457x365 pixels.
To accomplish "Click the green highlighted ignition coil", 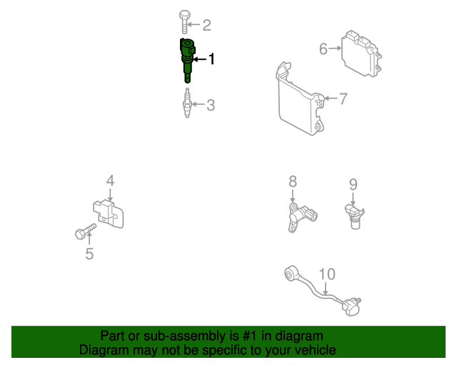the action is pyautogui.click(x=187, y=61).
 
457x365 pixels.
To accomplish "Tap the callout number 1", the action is pyautogui.click(x=211, y=58).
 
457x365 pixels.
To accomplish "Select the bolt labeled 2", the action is pyautogui.click(x=184, y=22).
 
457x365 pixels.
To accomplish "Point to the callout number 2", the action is pyautogui.click(x=206, y=25).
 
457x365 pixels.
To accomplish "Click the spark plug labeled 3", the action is pyautogui.click(x=187, y=103).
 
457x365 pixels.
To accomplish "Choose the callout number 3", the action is pyautogui.click(x=211, y=105).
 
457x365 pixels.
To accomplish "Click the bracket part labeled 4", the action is pyautogui.click(x=109, y=214).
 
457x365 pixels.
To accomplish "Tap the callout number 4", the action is pyautogui.click(x=110, y=180).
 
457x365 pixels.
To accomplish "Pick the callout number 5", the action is pyautogui.click(x=89, y=254).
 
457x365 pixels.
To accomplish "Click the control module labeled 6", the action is pyautogui.click(x=361, y=53).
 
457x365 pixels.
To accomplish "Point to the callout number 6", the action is pyautogui.click(x=323, y=48).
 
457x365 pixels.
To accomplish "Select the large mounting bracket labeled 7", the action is pyautogui.click(x=301, y=100).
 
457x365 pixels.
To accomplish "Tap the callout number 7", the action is pyautogui.click(x=343, y=98).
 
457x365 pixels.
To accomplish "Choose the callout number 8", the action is pyautogui.click(x=293, y=181).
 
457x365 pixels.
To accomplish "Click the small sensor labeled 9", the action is pyautogui.click(x=354, y=216).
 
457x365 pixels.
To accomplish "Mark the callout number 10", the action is pyautogui.click(x=327, y=274).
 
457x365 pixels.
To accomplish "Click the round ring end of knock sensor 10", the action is pyautogui.click(x=291, y=273).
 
